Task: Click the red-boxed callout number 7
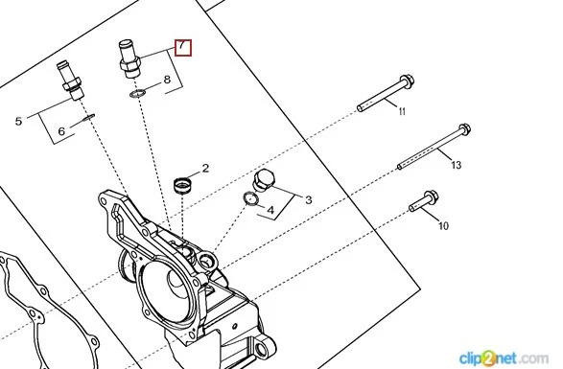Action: (183, 48)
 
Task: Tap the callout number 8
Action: (167, 80)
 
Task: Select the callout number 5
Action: (18, 122)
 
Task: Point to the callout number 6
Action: (61, 131)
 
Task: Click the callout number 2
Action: (205, 168)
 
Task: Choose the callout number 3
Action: (309, 200)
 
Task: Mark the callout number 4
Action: (270, 210)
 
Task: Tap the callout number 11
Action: (402, 111)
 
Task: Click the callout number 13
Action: (456, 165)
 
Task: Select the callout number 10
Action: (444, 226)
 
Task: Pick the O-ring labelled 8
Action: (137, 94)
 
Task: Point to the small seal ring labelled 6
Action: (88, 117)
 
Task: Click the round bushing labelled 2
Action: (183, 185)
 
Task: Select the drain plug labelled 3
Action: (264, 180)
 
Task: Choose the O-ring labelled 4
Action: (250, 198)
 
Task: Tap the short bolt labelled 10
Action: (424, 201)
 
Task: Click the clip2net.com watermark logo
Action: (504, 358)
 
